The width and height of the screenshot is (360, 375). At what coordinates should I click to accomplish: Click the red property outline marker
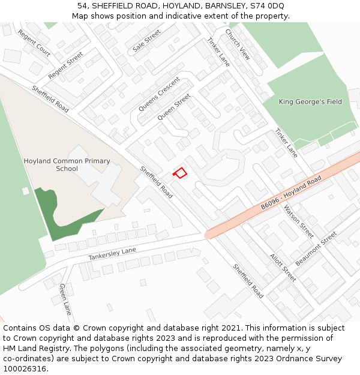coord(180,173)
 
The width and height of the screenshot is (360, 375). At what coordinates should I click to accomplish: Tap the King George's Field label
coord(310,102)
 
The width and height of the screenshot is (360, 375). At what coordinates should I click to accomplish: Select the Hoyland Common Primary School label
coord(67,165)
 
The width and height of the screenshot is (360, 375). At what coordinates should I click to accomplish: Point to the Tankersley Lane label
coord(112,254)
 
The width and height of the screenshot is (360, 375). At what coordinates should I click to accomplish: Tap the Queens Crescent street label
coord(159,94)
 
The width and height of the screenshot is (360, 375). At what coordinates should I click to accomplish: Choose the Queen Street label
coord(173,107)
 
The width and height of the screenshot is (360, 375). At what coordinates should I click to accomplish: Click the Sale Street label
coord(146,40)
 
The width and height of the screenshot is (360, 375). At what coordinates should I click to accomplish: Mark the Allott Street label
coord(283,268)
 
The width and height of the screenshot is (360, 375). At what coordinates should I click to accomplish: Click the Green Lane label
coord(65,299)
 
